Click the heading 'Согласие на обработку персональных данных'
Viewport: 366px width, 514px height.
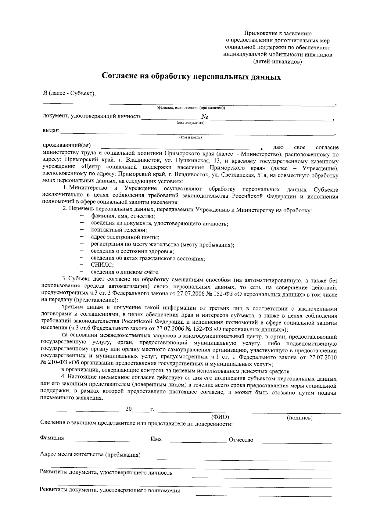[191, 76]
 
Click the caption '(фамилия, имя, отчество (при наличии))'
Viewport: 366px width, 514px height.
[191, 108]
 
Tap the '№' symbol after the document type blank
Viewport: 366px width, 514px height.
[205, 117]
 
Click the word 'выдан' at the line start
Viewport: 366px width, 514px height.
[50, 131]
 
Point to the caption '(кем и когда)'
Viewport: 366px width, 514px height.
[190, 137]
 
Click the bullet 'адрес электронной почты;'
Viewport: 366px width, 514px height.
[125, 237]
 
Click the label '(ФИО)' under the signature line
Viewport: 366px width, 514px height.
[220, 417]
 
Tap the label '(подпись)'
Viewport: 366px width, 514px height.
[300, 418]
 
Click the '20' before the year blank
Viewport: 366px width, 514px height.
[128, 409]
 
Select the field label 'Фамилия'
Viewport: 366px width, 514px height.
[52, 438]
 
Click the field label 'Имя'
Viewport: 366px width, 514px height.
[156, 439]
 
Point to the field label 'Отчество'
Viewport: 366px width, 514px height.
[241, 440]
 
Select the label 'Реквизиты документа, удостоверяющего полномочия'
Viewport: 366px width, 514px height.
[110, 491]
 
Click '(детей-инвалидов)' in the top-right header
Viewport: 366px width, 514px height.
[278, 62]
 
